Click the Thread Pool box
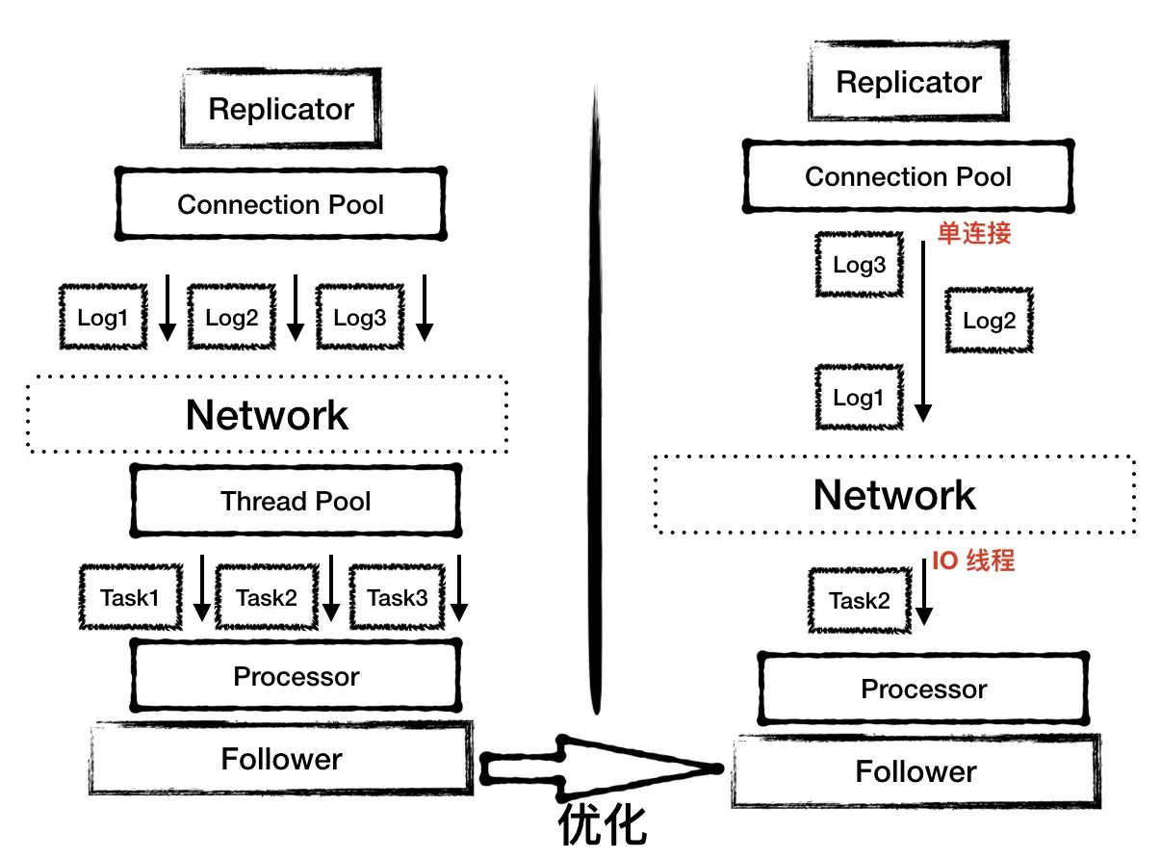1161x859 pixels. point(295,501)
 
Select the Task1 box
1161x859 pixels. point(130,597)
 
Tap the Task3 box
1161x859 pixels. point(397,597)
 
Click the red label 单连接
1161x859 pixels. point(974,233)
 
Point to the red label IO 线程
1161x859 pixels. point(972,560)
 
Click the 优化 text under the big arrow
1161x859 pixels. point(604,826)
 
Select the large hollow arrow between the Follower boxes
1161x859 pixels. point(597,768)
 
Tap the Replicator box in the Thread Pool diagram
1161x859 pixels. point(281,109)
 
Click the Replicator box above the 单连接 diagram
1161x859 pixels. point(908,82)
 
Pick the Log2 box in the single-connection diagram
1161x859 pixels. point(989,321)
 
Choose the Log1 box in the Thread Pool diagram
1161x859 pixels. point(103,317)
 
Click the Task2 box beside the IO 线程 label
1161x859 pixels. point(860,601)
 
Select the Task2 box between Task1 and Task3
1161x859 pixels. point(267,597)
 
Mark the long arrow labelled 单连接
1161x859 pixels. point(922,327)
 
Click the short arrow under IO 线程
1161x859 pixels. point(924,597)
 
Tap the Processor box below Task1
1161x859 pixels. point(295,676)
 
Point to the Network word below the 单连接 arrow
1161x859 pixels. point(893,495)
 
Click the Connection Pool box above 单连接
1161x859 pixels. point(908,176)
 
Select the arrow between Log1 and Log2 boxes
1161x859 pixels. point(167,308)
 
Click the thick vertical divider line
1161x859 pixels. point(596,404)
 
